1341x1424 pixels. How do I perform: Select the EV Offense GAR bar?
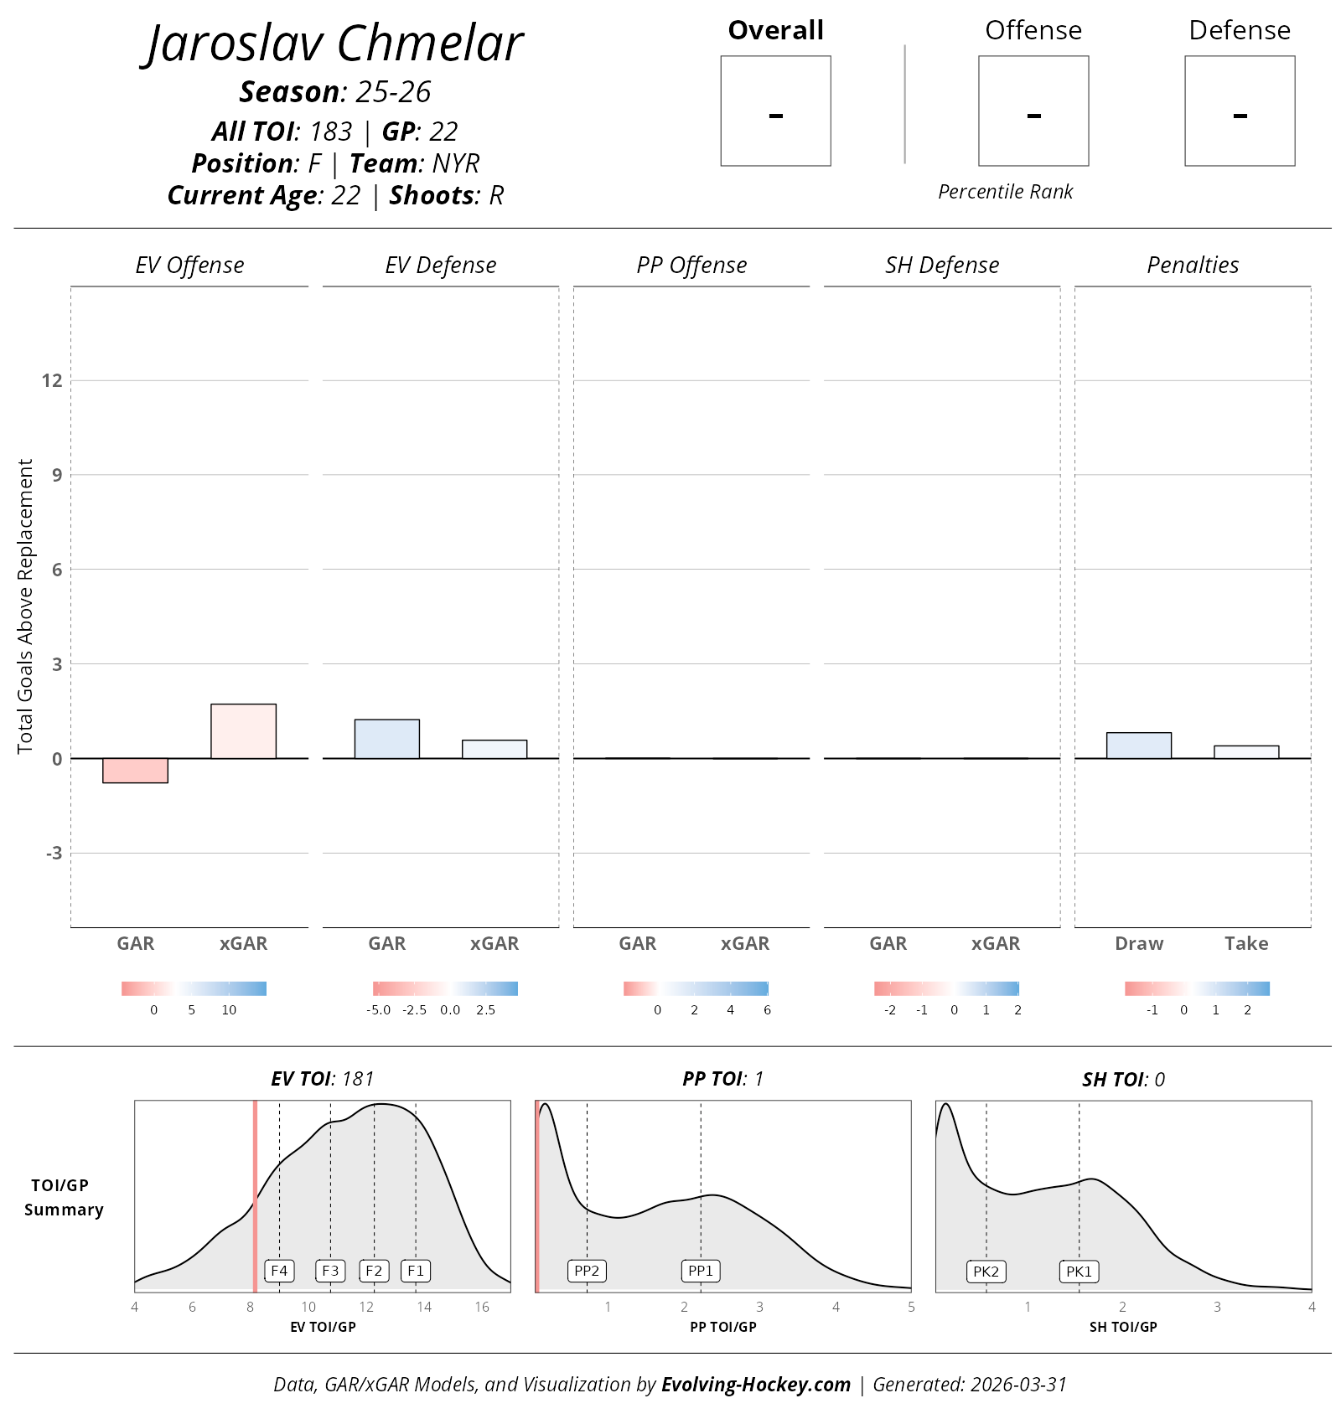pyautogui.click(x=135, y=771)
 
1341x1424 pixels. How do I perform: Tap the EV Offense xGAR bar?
pyautogui.click(x=243, y=731)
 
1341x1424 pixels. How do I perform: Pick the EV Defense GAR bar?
pyautogui.click(x=386, y=739)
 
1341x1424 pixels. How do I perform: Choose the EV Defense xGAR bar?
pyautogui.click(x=494, y=749)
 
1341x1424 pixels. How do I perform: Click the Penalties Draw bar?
pyautogui.click(x=1138, y=746)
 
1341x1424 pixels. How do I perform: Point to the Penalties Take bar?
pyautogui.click(x=1246, y=752)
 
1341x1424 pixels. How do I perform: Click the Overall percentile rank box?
pyautogui.click(x=775, y=111)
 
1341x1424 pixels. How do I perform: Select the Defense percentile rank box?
pyautogui.click(x=1240, y=111)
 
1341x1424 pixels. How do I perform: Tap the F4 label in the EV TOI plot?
pyautogui.click(x=279, y=1271)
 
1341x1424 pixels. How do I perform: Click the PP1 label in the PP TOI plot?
pyautogui.click(x=701, y=1271)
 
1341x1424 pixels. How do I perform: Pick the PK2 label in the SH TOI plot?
pyautogui.click(x=986, y=1272)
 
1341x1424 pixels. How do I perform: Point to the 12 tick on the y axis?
pyautogui.click(x=52, y=380)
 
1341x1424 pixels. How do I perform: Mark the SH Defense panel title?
pyautogui.click(x=942, y=266)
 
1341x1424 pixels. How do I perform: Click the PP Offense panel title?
pyautogui.click(x=691, y=266)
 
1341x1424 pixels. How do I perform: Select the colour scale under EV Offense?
pyautogui.click(x=194, y=988)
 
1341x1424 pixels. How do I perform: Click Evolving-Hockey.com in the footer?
pyautogui.click(x=756, y=1385)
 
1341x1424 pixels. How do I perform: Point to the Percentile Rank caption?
pyautogui.click(x=1005, y=192)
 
